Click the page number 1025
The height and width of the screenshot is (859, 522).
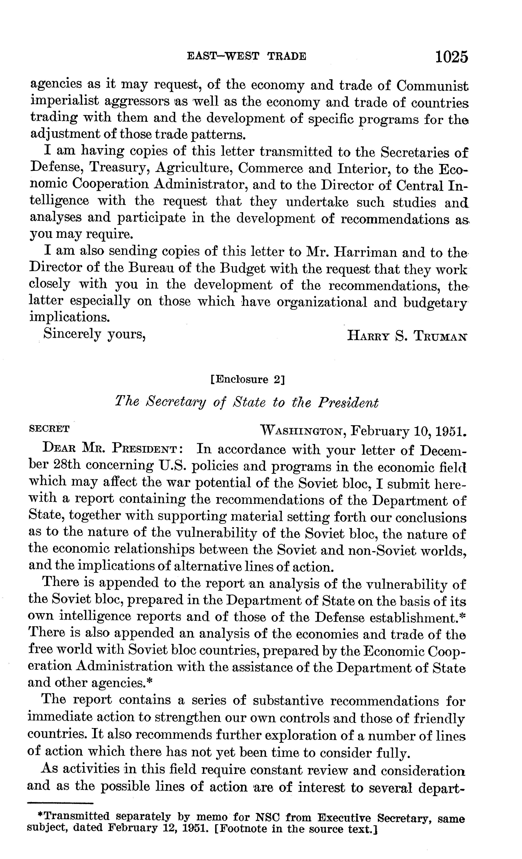(x=450, y=56)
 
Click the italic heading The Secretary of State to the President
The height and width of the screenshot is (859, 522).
(x=246, y=403)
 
